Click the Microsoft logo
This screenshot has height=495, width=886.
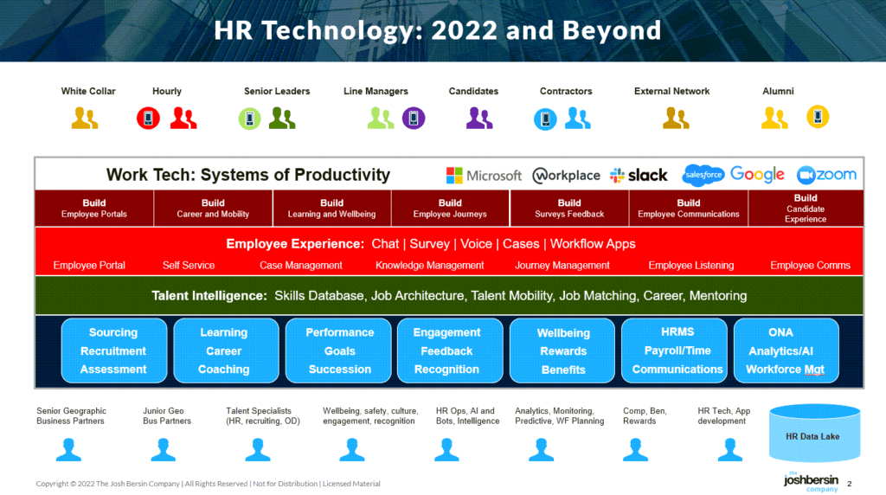pyautogui.click(x=484, y=176)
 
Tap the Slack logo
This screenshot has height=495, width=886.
pyautogui.click(x=639, y=176)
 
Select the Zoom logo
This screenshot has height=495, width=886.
pyautogui.click(x=826, y=175)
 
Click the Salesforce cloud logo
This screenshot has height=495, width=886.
pyautogui.click(x=703, y=175)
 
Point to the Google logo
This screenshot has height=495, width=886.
pyautogui.click(x=757, y=175)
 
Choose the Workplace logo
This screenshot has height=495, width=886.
pyautogui.click(x=566, y=176)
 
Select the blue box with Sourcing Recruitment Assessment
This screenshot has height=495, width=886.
pyautogui.click(x=113, y=350)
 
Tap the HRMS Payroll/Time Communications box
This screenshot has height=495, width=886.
pyautogui.click(x=677, y=350)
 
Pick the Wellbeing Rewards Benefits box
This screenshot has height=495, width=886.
pyautogui.click(x=562, y=350)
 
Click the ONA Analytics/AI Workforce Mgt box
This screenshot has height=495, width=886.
pyautogui.click(x=786, y=350)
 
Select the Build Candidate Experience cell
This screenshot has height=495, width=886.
pyautogui.click(x=805, y=209)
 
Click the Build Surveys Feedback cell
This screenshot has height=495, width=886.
pyautogui.click(x=569, y=209)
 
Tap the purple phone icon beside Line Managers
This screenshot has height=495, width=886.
pyautogui.click(x=414, y=118)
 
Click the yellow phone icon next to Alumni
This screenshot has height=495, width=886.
pyautogui.click(x=818, y=116)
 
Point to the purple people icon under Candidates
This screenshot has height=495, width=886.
pyautogui.click(x=479, y=118)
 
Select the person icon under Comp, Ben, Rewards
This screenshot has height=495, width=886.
pyautogui.click(x=634, y=449)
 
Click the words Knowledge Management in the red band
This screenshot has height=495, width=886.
pyautogui.click(x=430, y=266)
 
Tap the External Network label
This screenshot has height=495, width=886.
pyautogui.click(x=671, y=91)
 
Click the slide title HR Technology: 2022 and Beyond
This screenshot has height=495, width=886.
pyautogui.click(x=438, y=31)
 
